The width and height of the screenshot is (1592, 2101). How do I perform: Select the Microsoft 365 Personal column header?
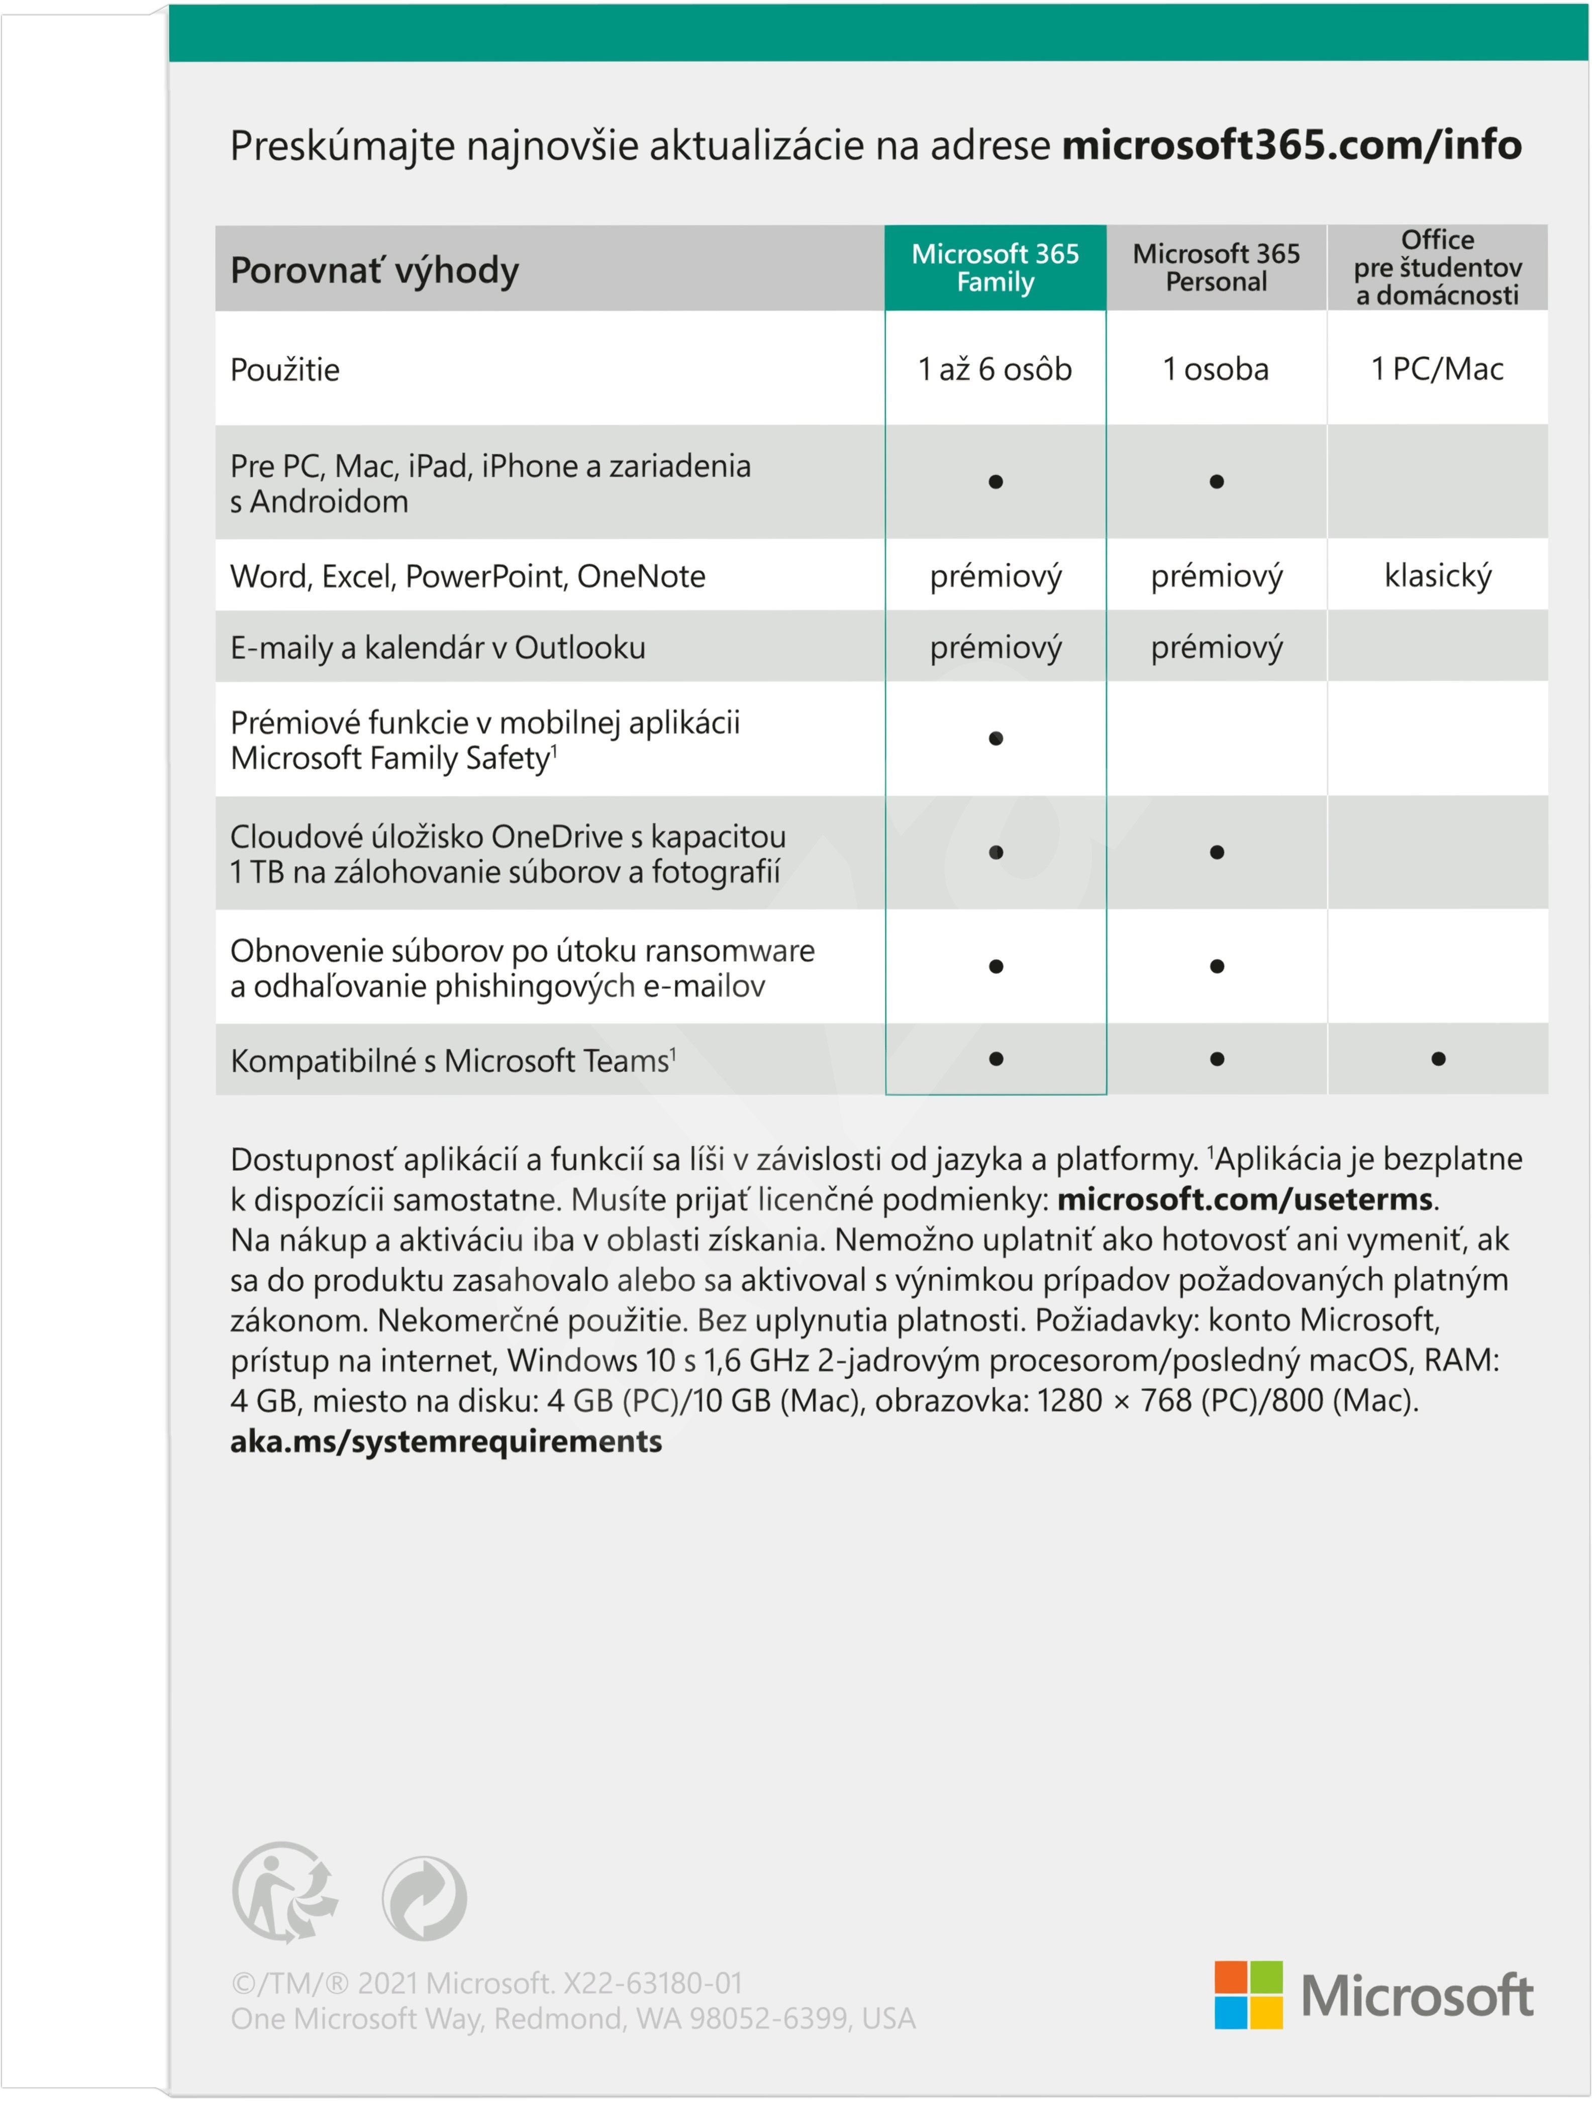[x=1216, y=268]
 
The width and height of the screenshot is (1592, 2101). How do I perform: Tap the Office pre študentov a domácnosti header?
[x=1437, y=268]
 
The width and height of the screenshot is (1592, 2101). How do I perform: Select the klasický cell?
[x=1437, y=575]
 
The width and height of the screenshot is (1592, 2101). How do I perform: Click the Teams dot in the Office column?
[x=1438, y=1058]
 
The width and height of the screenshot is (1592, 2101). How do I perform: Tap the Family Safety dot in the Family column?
[x=996, y=738]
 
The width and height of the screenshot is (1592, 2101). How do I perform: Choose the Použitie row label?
[x=285, y=369]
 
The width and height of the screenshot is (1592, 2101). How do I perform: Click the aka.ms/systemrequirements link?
[x=446, y=1441]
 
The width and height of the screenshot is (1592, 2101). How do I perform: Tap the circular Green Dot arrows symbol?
[x=425, y=1898]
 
